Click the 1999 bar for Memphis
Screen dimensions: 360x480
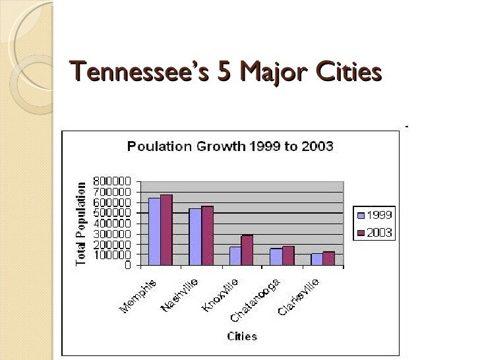click(154, 231)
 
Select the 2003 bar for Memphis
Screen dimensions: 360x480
click(166, 230)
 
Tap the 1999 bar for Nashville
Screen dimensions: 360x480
click(195, 237)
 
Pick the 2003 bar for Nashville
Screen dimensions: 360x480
click(208, 235)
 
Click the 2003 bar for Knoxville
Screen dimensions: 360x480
click(247, 250)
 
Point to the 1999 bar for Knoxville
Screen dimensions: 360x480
click(235, 256)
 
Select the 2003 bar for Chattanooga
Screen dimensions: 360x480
click(288, 256)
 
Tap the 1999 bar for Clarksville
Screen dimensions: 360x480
click(316, 259)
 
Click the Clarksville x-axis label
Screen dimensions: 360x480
click(299, 297)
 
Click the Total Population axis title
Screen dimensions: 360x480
click(81, 224)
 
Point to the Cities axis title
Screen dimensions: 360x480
click(243, 336)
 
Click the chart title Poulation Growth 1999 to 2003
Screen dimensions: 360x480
click(230, 146)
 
